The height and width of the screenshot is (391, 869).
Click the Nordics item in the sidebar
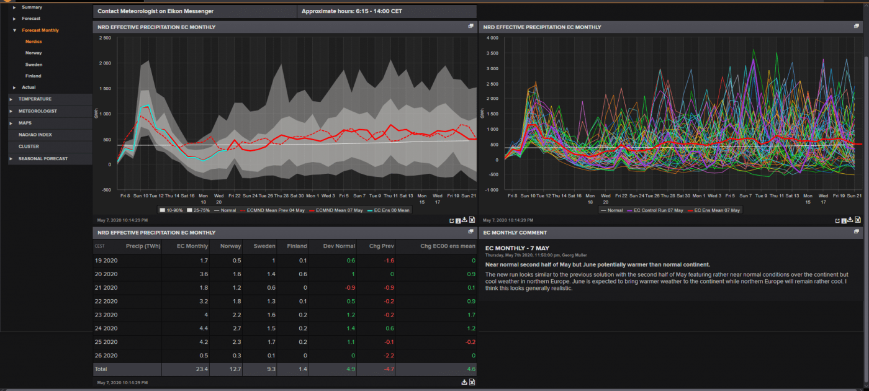pyautogui.click(x=34, y=42)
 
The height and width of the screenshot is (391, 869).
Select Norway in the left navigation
pyautogui.click(x=34, y=53)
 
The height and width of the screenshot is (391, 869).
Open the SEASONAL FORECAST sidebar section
pyautogui.click(x=43, y=159)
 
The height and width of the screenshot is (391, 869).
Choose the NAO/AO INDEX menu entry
pyautogui.click(x=35, y=135)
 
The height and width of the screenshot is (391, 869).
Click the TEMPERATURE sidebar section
pyautogui.click(x=35, y=99)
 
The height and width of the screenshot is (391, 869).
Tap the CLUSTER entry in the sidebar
pyautogui.click(x=29, y=146)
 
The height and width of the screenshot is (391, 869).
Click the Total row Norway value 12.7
pyautogui.click(x=235, y=369)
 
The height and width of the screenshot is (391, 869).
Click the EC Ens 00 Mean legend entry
pyautogui.click(x=391, y=210)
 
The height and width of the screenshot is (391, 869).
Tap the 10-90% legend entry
pyautogui.click(x=171, y=210)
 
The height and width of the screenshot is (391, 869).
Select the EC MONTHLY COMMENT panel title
pyautogui.click(x=515, y=233)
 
